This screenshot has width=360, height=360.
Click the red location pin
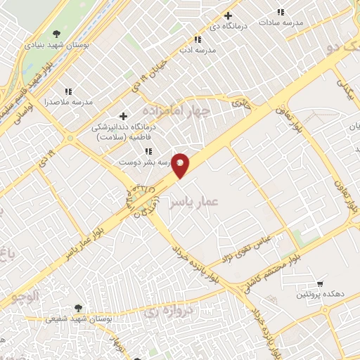click(181, 165)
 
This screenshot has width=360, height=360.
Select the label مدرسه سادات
click(281, 22)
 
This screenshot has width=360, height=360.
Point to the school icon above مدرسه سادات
click(281, 12)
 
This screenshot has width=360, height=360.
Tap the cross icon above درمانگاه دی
click(227, 15)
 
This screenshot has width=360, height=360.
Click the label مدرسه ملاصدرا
click(69, 101)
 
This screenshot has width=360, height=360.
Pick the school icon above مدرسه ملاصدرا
click(68, 91)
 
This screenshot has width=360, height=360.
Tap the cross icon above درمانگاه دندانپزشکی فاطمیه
click(123, 116)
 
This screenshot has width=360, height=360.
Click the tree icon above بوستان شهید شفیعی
click(77, 308)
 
